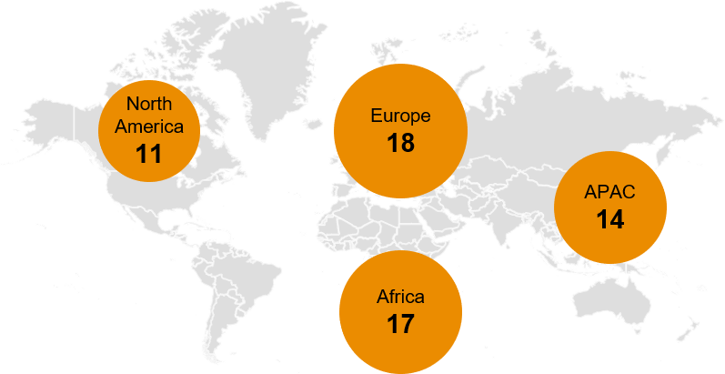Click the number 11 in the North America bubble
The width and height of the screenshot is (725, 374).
point(148,153)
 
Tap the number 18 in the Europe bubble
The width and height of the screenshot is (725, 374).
point(400,143)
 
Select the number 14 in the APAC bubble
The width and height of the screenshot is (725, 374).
point(609,219)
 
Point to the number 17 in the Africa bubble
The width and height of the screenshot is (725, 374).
point(400,323)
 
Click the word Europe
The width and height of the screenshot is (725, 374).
point(400,116)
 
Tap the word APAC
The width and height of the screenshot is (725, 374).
point(609,192)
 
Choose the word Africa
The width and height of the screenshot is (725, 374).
point(400,297)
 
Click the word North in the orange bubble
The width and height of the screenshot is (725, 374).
point(148,103)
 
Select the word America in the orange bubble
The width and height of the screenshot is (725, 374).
point(148,126)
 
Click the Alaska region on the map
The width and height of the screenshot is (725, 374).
point(45,100)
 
